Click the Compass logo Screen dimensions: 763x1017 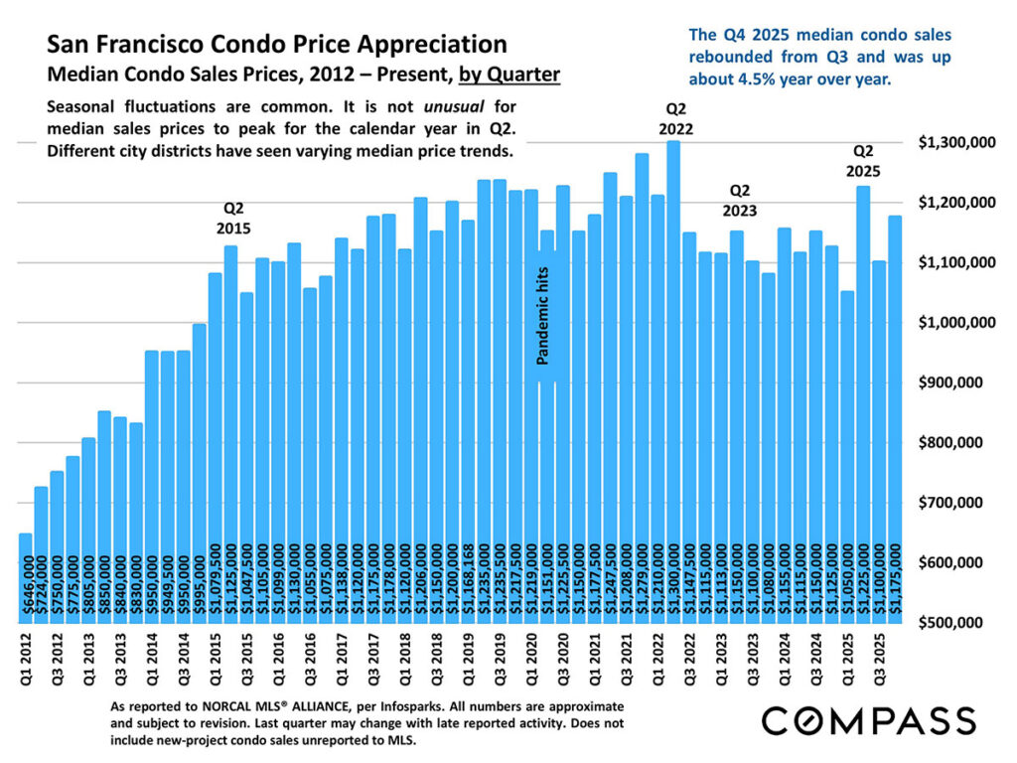point(867,720)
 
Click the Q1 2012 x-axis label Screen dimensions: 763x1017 point(26,657)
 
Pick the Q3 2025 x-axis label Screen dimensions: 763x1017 point(878,657)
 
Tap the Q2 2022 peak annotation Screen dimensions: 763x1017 point(674,118)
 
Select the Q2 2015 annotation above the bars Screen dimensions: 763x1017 point(232,218)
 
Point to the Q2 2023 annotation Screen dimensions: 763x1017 point(739,200)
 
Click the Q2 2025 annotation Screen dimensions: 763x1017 point(863,161)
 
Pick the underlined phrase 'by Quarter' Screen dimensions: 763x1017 point(509,74)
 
